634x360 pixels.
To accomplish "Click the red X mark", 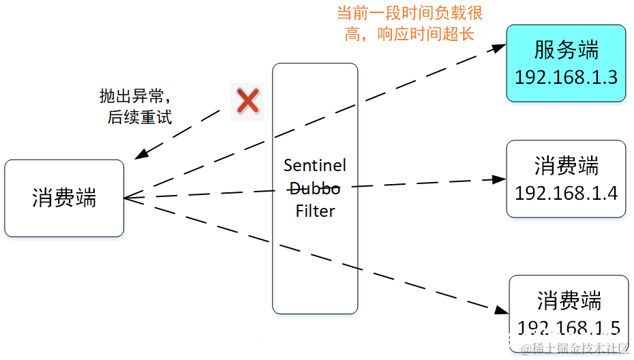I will [247, 102].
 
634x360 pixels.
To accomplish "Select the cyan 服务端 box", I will [566, 63].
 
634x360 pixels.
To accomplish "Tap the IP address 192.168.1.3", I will [566, 76].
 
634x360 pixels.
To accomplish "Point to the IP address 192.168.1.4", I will [566, 193].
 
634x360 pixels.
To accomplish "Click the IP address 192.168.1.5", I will [569, 329].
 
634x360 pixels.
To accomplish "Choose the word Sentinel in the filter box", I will [315, 165].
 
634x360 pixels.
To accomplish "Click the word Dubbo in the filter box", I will [315, 188].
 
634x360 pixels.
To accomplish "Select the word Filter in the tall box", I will [315, 211].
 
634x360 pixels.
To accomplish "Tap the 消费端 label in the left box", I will [64, 198].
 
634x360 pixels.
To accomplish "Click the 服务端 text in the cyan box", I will [566, 50].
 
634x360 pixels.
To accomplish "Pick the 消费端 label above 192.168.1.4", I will [566, 166].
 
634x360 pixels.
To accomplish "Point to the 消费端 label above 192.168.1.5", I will [569, 301].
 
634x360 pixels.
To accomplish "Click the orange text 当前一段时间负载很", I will [410, 14].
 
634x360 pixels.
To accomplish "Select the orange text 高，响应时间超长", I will [409, 33].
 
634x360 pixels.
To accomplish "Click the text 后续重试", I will [139, 117].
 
